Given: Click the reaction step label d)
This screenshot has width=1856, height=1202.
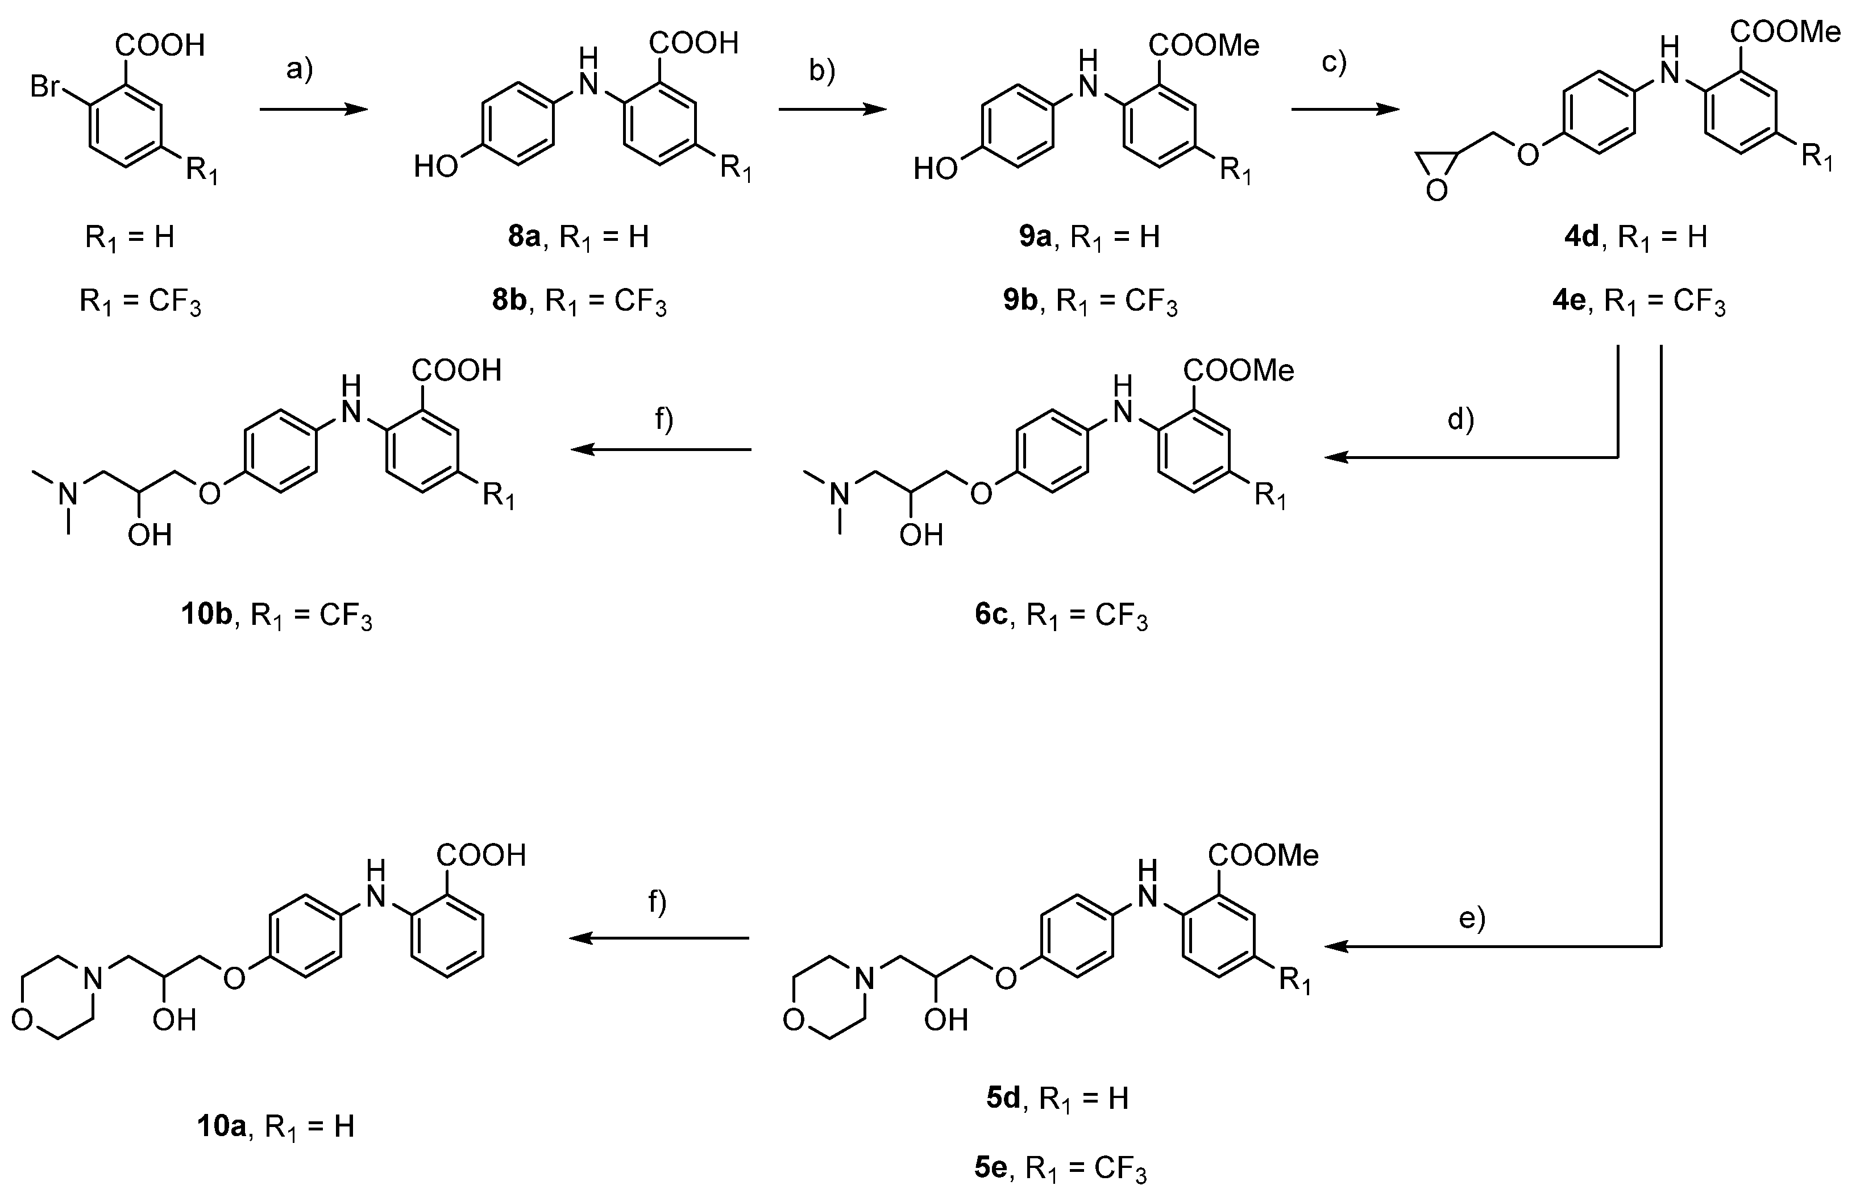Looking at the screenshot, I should tap(1460, 419).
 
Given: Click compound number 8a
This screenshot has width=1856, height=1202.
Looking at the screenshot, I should tap(524, 236).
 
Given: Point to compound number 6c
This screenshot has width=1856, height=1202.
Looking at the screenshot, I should tap(992, 615).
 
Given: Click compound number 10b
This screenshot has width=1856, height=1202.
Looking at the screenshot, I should tap(207, 615).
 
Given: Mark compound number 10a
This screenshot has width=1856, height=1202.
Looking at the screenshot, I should tap(222, 1126).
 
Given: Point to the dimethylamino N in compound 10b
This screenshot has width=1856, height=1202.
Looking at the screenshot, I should tap(69, 493).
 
